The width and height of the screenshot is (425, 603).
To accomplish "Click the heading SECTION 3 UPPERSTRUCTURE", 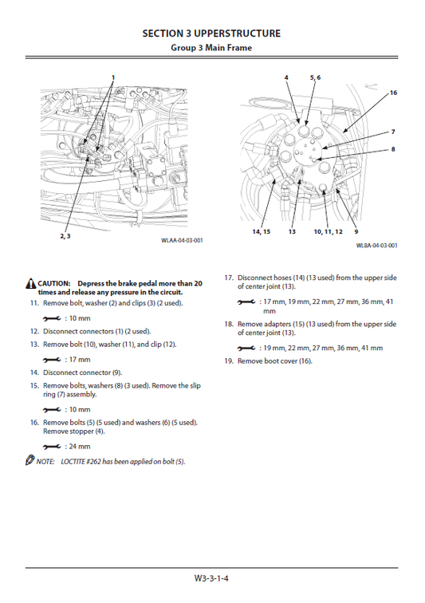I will (x=211, y=33).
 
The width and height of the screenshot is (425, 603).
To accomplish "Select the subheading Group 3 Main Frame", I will (x=211, y=48).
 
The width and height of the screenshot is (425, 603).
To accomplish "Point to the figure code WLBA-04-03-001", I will (x=376, y=246).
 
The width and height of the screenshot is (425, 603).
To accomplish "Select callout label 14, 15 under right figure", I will (x=261, y=231).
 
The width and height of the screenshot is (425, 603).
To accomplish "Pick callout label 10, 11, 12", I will (x=328, y=231).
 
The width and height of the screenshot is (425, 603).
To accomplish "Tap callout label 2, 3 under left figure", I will (x=64, y=237).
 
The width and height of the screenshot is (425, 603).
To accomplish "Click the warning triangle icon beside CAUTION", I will (x=30, y=284).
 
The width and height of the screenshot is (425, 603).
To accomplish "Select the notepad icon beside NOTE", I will (x=30, y=462).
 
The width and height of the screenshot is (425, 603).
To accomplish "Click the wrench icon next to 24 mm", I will (x=52, y=447).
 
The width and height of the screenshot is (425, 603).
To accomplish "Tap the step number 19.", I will (x=228, y=361).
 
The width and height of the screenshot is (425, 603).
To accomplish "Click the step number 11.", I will (x=34, y=304).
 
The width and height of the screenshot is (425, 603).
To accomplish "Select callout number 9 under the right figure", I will (x=356, y=231).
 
